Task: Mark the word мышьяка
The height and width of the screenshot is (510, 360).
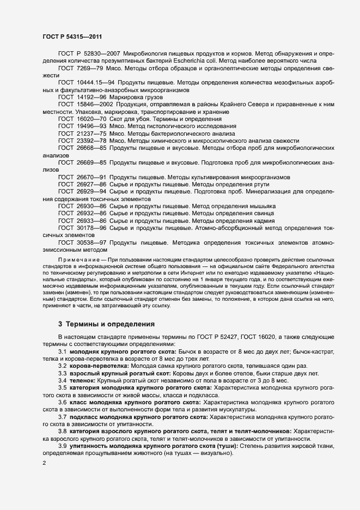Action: click(261, 206)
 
